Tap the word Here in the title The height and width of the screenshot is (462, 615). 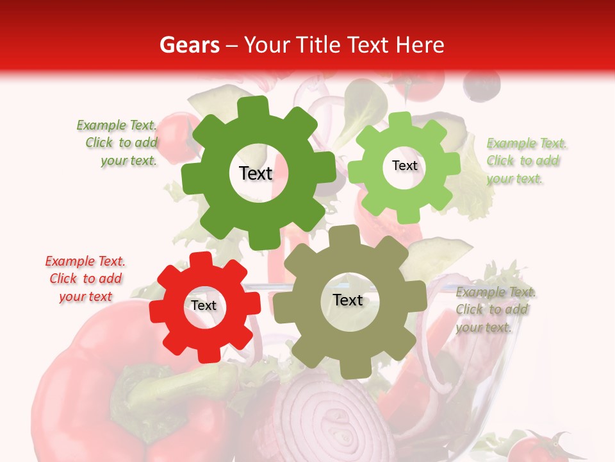click(x=420, y=45)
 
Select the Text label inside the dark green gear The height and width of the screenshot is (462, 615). click(x=256, y=173)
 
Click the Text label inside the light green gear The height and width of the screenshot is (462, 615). click(x=404, y=166)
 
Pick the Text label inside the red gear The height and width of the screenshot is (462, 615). click(x=204, y=305)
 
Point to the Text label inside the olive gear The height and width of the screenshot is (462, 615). click(x=348, y=300)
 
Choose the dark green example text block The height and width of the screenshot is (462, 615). click(x=118, y=142)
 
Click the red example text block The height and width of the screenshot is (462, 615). click(x=85, y=278)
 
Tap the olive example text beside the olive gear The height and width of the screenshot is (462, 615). click(x=495, y=309)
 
